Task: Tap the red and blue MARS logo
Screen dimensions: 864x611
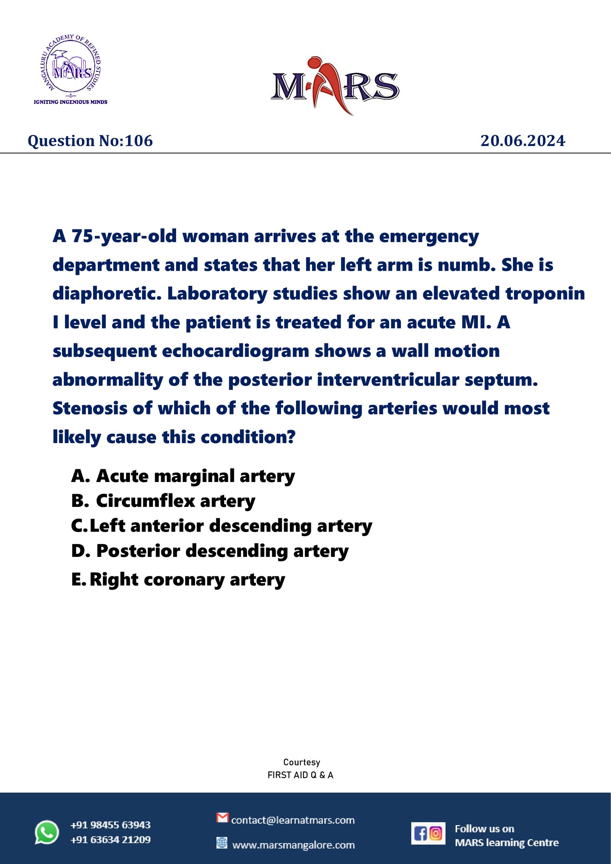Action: pyautogui.click(x=335, y=86)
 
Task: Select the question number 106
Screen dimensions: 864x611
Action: pyautogui.click(x=90, y=141)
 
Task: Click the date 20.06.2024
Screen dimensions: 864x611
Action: pyautogui.click(x=522, y=141)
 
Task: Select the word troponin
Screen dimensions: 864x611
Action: pyautogui.click(x=545, y=293)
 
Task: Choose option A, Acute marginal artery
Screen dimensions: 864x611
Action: pyautogui.click(x=183, y=476)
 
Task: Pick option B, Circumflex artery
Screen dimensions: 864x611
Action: pyautogui.click(x=163, y=501)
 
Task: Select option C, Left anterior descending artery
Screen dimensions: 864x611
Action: pyautogui.click(x=221, y=526)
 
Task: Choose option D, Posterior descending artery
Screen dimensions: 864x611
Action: pyautogui.click(x=210, y=551)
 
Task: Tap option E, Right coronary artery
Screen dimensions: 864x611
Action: pyautogui.click(x=178, y=579)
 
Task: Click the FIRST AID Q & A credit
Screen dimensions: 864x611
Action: pyautogui.click(x=300, y=775)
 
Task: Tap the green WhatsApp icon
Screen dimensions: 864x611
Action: pyautogui.click(x=47, y=832)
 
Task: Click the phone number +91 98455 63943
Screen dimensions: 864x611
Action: pyautogui.click(x=110, y=825)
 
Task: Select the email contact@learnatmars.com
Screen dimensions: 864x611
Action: pyautogui.click(x=293, y=820)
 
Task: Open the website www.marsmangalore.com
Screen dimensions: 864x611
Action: pyautogui.click(x=293, y=845)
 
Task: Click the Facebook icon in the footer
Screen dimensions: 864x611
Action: pyautogui.click(x=420, y=833)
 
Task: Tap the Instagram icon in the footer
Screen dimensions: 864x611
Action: pyautogui.click(x=436, y=833)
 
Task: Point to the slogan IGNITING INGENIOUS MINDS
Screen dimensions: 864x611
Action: pyautogui.click(x=71, y=102)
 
